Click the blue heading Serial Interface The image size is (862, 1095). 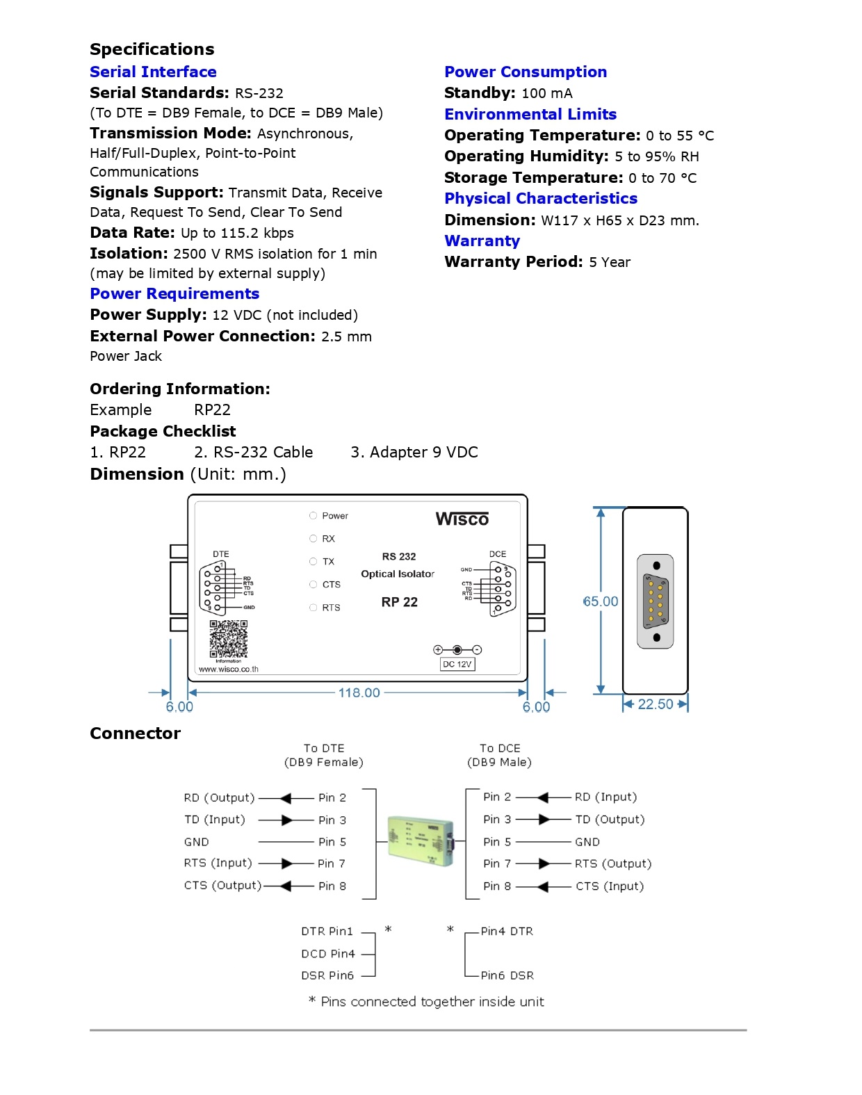pyautogui.click(x=153, y=72)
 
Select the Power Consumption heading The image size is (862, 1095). pyautogui.click(x=526, y=72)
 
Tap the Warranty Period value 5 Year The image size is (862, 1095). pyautogui.click(x=610, y=262)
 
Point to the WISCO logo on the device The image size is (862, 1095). pyautogui.click(x=462, y=519)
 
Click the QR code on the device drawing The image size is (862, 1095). pyautogui.click(x=229, y=639)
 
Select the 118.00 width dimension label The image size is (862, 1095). pyautogui.click(x=359, y=692)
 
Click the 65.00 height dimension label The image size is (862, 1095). pyautogui.click(x=601, y=601)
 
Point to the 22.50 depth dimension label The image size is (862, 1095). pyautogui.click(x=655, y=704)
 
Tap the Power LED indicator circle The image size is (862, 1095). pyautogui.click(x=313, y=516)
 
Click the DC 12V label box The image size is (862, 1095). pyautogui.click(x=457, y=664)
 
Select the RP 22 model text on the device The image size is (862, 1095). pyautogui.click(x=399, y=602)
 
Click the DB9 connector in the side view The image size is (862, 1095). pyautogui.click(x=656, y=601)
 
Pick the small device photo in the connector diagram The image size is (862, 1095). pyautogui.click(x=421, y=841)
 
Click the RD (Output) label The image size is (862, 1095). pyautogui.click(x=219, y=797)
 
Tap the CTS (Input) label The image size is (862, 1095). pyautogui.click(x=610, y=886)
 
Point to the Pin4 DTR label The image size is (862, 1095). pyautogui.click(x=507, y=932)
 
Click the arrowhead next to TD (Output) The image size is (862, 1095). pyautogui.click(x=544, y=820)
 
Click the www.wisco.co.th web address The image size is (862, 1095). pyautogui.click(x=229, y=670)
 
